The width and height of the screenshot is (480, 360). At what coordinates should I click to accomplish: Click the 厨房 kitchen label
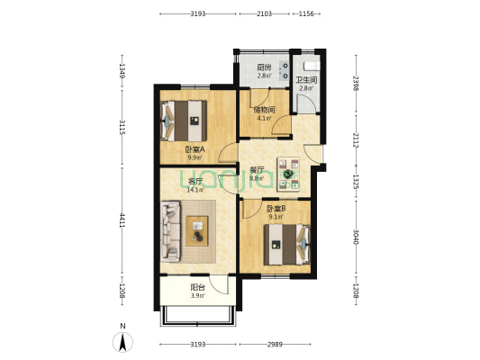click(264, 67)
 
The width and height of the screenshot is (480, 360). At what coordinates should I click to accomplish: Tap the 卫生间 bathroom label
click(306, 80)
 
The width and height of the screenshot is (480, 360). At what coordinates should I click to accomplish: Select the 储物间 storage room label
click(264, 110)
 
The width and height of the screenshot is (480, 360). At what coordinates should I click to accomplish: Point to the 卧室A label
click(195, 149)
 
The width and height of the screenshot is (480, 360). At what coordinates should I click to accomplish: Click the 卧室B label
click(276, 209)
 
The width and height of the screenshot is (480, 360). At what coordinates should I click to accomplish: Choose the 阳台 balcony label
click(198, 287)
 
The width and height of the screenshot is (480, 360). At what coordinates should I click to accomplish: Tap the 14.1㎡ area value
click(195, 190)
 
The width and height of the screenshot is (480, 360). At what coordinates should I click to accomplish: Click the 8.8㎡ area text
click(257, 178)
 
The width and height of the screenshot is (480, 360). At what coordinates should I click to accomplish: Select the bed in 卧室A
click(184, 121)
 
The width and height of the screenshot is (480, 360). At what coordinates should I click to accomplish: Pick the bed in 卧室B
click(287, 245)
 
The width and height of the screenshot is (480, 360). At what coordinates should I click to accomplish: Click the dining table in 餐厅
click(288, 174)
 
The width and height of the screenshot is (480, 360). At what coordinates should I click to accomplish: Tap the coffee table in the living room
click(197, 231)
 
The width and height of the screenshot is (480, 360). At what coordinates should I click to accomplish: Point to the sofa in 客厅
click(170, 231)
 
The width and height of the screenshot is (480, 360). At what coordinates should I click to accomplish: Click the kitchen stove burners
click(285, 71)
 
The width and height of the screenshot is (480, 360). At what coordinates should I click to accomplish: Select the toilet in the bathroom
click(312, 66)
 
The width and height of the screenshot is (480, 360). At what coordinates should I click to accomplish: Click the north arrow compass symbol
click(122, 341)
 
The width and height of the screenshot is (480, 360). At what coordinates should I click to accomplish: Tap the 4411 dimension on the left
click(122, 220)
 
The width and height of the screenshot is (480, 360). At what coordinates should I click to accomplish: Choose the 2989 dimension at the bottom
click(275, 345)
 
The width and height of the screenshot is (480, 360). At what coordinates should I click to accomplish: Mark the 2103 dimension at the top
click(264, 13)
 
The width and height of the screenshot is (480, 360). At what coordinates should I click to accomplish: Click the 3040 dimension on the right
click(356, 237)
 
